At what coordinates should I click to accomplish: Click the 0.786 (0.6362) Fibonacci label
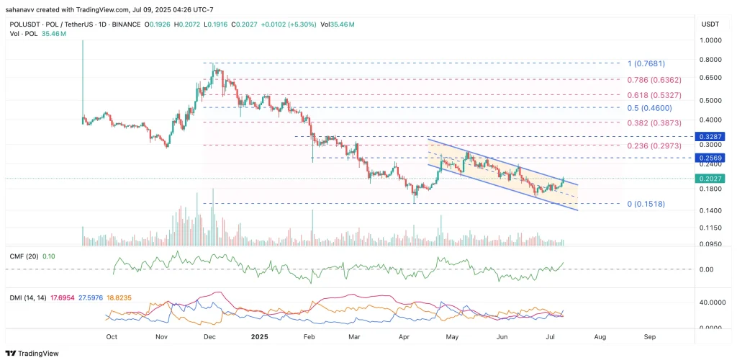(x=653, y=80)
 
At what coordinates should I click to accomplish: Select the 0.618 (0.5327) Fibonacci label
(x=653, y=94)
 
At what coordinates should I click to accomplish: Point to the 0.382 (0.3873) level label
(x=654, y=122)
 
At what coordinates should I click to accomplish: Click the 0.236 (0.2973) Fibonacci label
(x=654, y=145)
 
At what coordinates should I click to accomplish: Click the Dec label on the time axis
(x=209, y=336)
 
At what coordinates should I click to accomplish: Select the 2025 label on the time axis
(x=260, y=336)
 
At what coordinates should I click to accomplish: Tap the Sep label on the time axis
(x=649, y=336)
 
